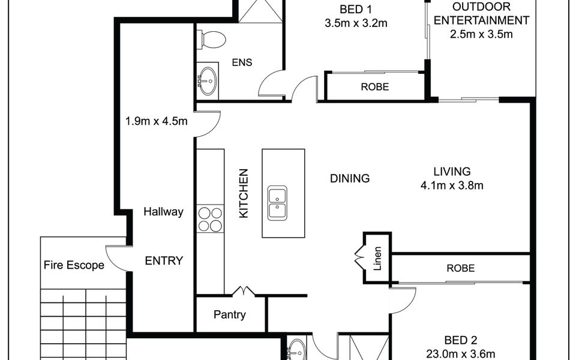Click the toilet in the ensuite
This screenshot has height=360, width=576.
click(211, 40)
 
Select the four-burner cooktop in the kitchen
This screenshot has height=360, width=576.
click(210, 220)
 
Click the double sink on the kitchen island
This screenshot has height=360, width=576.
click(277, 203)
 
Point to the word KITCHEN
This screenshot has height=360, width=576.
click(244, 193)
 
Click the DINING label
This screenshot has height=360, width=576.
click(350, 179)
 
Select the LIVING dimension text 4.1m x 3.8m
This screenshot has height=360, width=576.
click(452, 185)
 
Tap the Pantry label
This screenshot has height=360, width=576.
click(230, 315)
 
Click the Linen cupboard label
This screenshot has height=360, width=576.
click(377, 259)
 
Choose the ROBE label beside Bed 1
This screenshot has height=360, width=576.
click(374, 87)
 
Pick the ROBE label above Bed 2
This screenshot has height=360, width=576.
click(461, 269)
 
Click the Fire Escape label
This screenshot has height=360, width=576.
click(74, 265)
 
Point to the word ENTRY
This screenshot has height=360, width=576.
click(164, 261)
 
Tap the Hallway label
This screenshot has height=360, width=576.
click(163, 212)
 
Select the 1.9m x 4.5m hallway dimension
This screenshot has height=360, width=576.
click(157, 121)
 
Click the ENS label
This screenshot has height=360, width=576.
click(242, 62)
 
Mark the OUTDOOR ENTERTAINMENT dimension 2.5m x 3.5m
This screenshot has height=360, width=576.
click(481, 34)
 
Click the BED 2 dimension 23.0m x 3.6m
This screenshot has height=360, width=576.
click(461, 354)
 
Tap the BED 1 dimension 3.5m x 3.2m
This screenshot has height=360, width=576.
click(356, 23)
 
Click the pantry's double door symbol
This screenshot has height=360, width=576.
click(244, 292)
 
